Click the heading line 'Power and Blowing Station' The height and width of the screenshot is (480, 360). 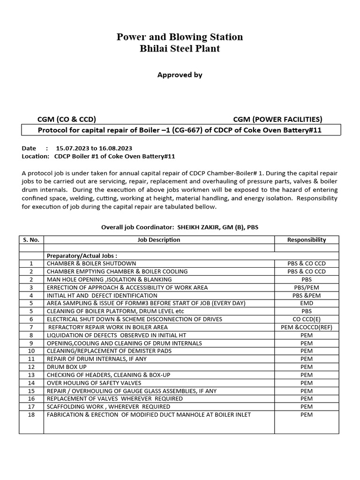180,37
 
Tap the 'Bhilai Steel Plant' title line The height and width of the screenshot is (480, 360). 180,48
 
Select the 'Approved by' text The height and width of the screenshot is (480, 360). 180,75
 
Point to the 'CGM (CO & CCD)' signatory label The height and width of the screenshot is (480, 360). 67,119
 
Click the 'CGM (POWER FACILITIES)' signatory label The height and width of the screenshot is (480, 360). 277,119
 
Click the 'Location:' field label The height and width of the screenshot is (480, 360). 35,156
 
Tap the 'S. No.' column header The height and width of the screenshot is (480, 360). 31,240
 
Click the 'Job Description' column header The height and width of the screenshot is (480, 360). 158,240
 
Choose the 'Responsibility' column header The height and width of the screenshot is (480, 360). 306,240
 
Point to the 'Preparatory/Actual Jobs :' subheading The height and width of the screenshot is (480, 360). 82,256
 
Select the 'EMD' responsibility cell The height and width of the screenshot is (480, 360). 306,303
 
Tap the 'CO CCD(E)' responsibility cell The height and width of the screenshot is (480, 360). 306,319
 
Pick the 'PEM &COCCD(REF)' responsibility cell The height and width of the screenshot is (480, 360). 306,327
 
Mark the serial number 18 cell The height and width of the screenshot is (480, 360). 31,414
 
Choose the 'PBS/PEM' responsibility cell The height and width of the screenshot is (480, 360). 306,287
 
